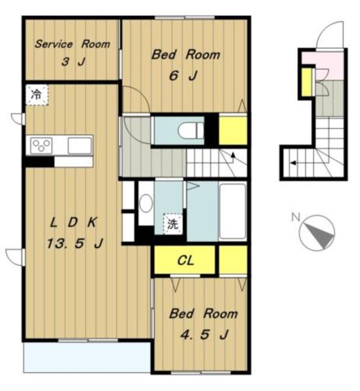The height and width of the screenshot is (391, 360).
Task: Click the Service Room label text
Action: [73, 44]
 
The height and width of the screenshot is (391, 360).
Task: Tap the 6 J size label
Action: [183, 75]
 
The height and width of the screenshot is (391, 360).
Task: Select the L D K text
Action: [73, 222]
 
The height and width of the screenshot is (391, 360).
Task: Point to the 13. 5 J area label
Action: [74, 243]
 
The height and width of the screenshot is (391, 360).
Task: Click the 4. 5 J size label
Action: [204, 334]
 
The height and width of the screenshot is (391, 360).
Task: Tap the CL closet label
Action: [185, 261]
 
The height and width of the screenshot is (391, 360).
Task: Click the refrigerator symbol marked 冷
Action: [37, 95]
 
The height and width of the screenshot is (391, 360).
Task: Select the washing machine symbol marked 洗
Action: [173, 224]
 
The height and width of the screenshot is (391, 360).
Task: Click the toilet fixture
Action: [191, 131]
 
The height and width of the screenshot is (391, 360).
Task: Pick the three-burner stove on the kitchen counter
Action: [41, 145]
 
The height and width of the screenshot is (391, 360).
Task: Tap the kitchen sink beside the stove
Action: [80, 145]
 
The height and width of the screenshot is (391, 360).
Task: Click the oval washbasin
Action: [146, 203]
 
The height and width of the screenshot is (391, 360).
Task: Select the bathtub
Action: [232, 211]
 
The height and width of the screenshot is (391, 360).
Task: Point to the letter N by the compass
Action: [295, 217]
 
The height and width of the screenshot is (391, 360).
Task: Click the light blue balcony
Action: [87, 357]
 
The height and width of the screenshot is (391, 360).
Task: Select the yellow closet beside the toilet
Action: [233, 130]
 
